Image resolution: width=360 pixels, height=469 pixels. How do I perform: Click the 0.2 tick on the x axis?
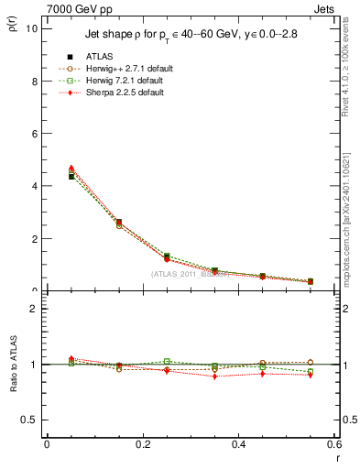click(142, 446)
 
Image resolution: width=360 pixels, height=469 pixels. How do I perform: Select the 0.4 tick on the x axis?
click(238, 446)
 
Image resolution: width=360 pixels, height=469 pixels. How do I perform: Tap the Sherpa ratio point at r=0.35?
click(214, 376)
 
